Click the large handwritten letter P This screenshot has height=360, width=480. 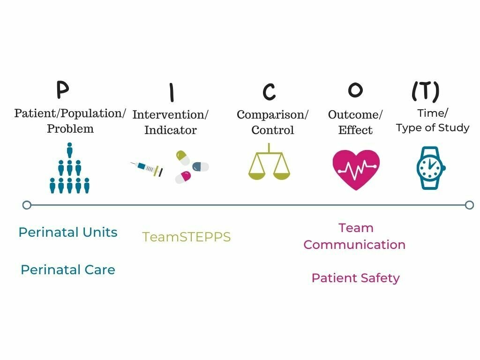(x=63, y=90)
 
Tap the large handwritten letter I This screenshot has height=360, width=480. (x=172, y=92)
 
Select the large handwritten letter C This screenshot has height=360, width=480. (x=269, y=92)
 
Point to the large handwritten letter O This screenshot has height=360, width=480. (x=356, y=90)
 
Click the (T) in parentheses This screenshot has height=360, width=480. (x=425, y=91)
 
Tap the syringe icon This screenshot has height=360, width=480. (x=147, y=168)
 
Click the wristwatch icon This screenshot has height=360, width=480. (x=430, y=168)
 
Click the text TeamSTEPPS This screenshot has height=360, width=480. (x=187, y=237)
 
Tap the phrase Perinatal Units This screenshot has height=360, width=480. (x=68, y=232)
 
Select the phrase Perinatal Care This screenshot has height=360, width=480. (x=68, y=270)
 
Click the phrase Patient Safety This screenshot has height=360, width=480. (x=355, y=278)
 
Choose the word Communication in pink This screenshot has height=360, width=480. (x=354, y=245)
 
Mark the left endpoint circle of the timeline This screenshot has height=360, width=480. (x=27, y=205)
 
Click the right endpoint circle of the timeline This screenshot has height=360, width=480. (x=469, y=205)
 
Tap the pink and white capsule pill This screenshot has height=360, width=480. (x=183, y=177)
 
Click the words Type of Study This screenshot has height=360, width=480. (x=432, y=128)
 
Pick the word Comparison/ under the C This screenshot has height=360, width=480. (x=272, y=115)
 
